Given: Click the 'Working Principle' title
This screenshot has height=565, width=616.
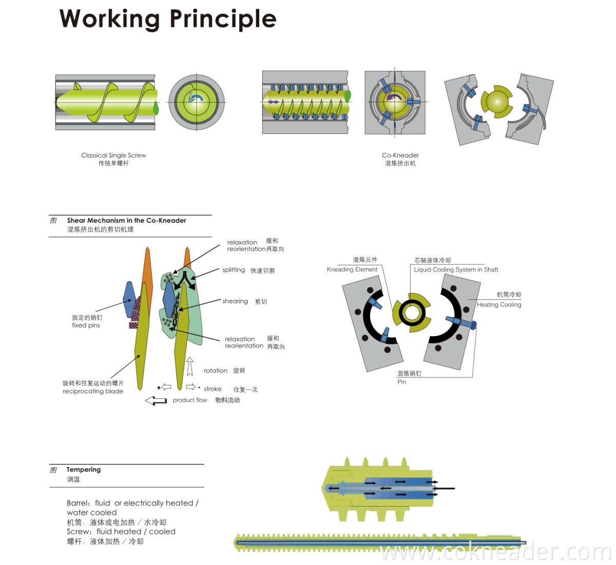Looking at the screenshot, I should pyautogui.click(x=168, y=20).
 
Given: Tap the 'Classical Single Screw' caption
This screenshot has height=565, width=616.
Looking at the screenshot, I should pyautogui.click(x=113, y=155).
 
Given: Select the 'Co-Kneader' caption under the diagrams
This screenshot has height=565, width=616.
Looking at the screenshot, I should pyautogui.click(x=400, y=155).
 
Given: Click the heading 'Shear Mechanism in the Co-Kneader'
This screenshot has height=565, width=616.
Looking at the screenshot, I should pyautogui.click(x=126, y=221).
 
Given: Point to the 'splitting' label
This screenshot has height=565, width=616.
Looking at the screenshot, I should pyautogui.click(x=234, y=270).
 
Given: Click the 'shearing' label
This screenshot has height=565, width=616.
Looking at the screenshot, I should pyautogui.click(x=235, y=301).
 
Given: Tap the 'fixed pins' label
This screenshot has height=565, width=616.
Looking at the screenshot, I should pyautogui.click(x=86, y=325).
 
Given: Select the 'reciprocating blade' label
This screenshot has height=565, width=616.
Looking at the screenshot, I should pyautogui.click(x=93, y=391).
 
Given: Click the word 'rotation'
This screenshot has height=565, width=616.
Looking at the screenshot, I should pyautogui.click(x=216, y=371).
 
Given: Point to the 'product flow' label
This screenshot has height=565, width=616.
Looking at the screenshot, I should pyautogui.click(x=190, y=400).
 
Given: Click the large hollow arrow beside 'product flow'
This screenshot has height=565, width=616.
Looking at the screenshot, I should pyautogui.click(x=156, y=401).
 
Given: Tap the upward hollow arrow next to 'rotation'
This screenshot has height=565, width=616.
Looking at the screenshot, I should pyautogui.click(x=190, y=366).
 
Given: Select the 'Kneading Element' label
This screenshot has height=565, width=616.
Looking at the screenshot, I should pyautogui.click(x=352, y=269).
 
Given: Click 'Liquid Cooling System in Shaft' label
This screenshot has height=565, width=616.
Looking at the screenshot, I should pyautogui.click(x=456, y=269).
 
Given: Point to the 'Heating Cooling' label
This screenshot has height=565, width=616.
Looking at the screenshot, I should pyautogui.click(x=499, y=304).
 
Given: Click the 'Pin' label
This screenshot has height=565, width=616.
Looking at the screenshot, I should pyautogui.click(x=401, y=382).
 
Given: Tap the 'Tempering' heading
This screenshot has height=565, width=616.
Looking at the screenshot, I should pyautogui.click(x=84, y=470).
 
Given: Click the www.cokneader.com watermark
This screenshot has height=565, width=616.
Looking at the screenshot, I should pyautogui.click(x=496, y=552).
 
